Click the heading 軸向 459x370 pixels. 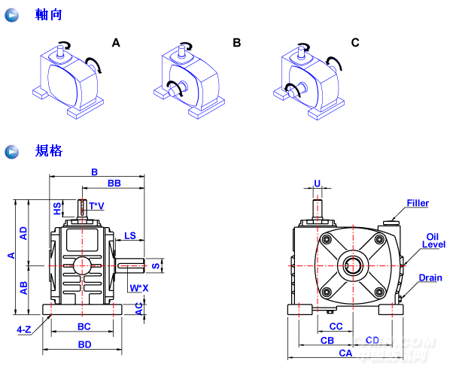48,15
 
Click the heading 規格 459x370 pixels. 48,151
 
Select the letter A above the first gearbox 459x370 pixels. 116,43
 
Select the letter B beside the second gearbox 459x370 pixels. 236,43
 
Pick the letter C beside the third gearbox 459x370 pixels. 355,43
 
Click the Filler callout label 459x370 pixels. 418,203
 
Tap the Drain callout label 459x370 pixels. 430,277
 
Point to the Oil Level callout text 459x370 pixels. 434,240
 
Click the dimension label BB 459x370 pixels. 114,183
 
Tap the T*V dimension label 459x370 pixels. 96,205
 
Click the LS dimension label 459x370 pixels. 130,235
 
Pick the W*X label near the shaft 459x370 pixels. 138,287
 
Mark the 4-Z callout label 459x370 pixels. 24,329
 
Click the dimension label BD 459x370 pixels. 84,344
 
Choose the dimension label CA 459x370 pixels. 346,352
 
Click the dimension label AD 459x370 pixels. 23,232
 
